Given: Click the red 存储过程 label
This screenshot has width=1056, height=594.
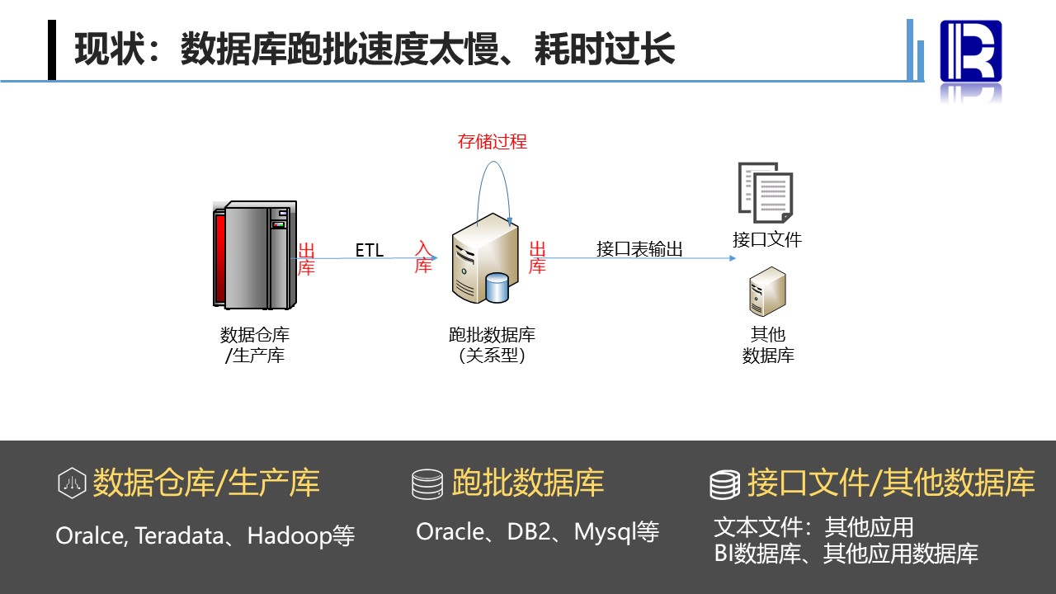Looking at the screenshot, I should (492, 141).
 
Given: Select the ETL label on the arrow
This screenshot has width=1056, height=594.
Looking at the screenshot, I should (370, 249).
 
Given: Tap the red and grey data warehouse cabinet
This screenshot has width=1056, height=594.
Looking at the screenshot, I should (253, 254).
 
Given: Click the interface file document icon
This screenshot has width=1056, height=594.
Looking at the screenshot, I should (765, 191).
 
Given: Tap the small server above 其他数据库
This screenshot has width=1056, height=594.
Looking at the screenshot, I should (766, 292).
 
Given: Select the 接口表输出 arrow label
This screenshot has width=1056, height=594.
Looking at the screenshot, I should (639, 249).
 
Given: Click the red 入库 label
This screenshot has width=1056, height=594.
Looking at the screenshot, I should (423, 257).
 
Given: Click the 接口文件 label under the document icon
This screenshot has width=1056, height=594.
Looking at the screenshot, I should (766, 239).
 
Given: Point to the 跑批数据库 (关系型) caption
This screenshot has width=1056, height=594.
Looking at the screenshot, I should (492, 345).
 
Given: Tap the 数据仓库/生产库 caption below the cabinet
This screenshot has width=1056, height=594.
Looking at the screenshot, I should (254, 345).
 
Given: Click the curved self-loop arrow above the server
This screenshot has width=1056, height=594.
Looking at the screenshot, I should (493, 186).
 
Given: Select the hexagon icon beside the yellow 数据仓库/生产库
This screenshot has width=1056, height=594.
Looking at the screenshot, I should (72, 483).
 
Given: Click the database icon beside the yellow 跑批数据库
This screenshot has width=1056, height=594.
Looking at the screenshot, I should (427, 484).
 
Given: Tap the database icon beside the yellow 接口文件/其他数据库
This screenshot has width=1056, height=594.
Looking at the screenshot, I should (724, 484).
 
